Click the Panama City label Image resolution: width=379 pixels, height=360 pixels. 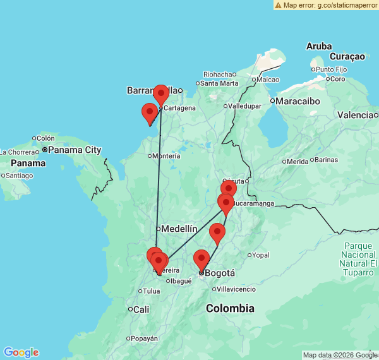[x=75, y=150]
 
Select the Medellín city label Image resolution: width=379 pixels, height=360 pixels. [x=179, y=229]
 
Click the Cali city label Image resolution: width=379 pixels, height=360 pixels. [x=141, y=309]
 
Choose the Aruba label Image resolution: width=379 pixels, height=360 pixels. [x=319, y=46]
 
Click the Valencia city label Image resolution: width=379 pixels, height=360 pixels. [x=355, y=115]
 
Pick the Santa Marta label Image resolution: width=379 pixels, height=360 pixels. [x=219, y=83]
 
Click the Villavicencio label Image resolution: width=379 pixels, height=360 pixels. [x=236, y=289]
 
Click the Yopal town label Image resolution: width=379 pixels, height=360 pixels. [x=260, y=255]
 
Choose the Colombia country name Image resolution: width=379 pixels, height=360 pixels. [x=230, y=308]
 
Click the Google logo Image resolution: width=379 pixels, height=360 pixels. [x=21, y=352]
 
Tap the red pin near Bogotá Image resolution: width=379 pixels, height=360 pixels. [x=201, y=260]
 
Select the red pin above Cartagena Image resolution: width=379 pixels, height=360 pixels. [x=160, y=95]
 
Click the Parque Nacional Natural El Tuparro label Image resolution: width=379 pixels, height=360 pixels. [x=359, y=258]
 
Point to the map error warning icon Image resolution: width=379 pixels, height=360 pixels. [x=279, y=5]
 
